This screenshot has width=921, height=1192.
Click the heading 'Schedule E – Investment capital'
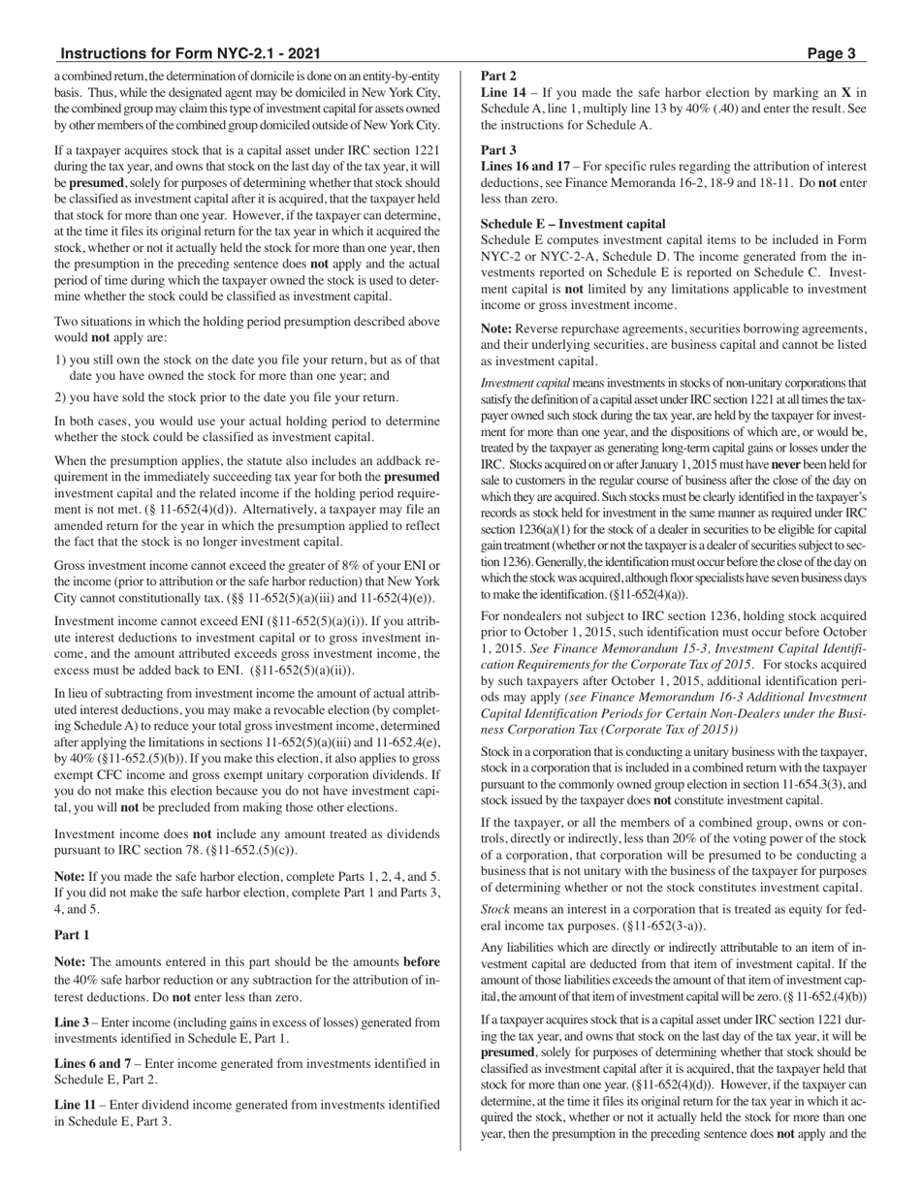(x=573, y=224)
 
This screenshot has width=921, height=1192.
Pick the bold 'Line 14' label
(x=504, y=93)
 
